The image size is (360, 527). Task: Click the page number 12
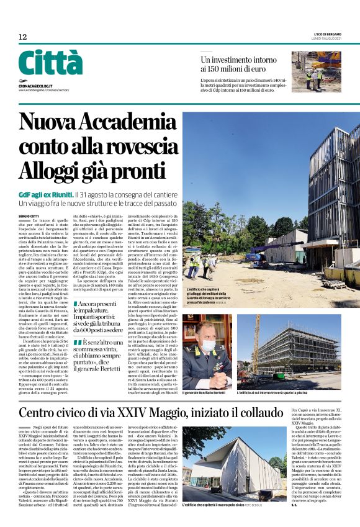23,37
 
